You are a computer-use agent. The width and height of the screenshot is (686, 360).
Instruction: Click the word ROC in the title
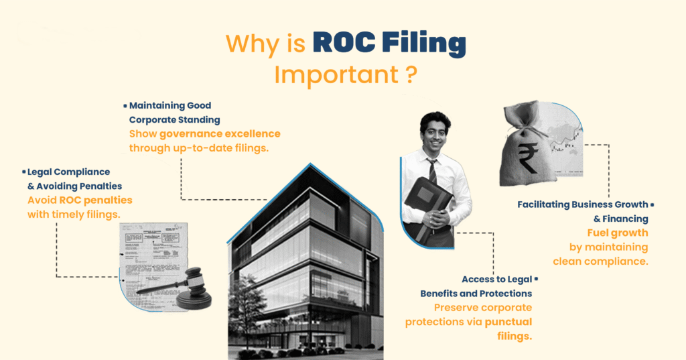pyautogui.click(x=344, y=43)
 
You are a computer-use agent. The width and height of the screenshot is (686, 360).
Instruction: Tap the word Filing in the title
pyautogui.click(x=423, y=44)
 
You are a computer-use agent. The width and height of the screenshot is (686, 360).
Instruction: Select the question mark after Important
pyautogui.click(x=411, y=74)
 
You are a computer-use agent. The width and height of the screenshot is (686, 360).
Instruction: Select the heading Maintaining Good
pyautogui.click(x=170, y=105)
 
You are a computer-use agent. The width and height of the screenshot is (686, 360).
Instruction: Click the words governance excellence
pyautogui.click(x=220, y=134)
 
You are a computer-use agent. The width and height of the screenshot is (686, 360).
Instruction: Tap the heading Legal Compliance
pyautogui.click(x=69, y=172)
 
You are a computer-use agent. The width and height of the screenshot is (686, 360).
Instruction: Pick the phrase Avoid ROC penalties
pyautogui.click(x=80, y=200)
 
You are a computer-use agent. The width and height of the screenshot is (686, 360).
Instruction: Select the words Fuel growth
pyautogui.click(x=618, y=233)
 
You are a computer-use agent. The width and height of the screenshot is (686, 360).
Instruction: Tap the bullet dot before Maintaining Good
pyautogui.click(x=125, y=105)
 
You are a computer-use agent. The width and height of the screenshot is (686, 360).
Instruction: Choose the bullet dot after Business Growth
pyautogui.click(x=653, y=204)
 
